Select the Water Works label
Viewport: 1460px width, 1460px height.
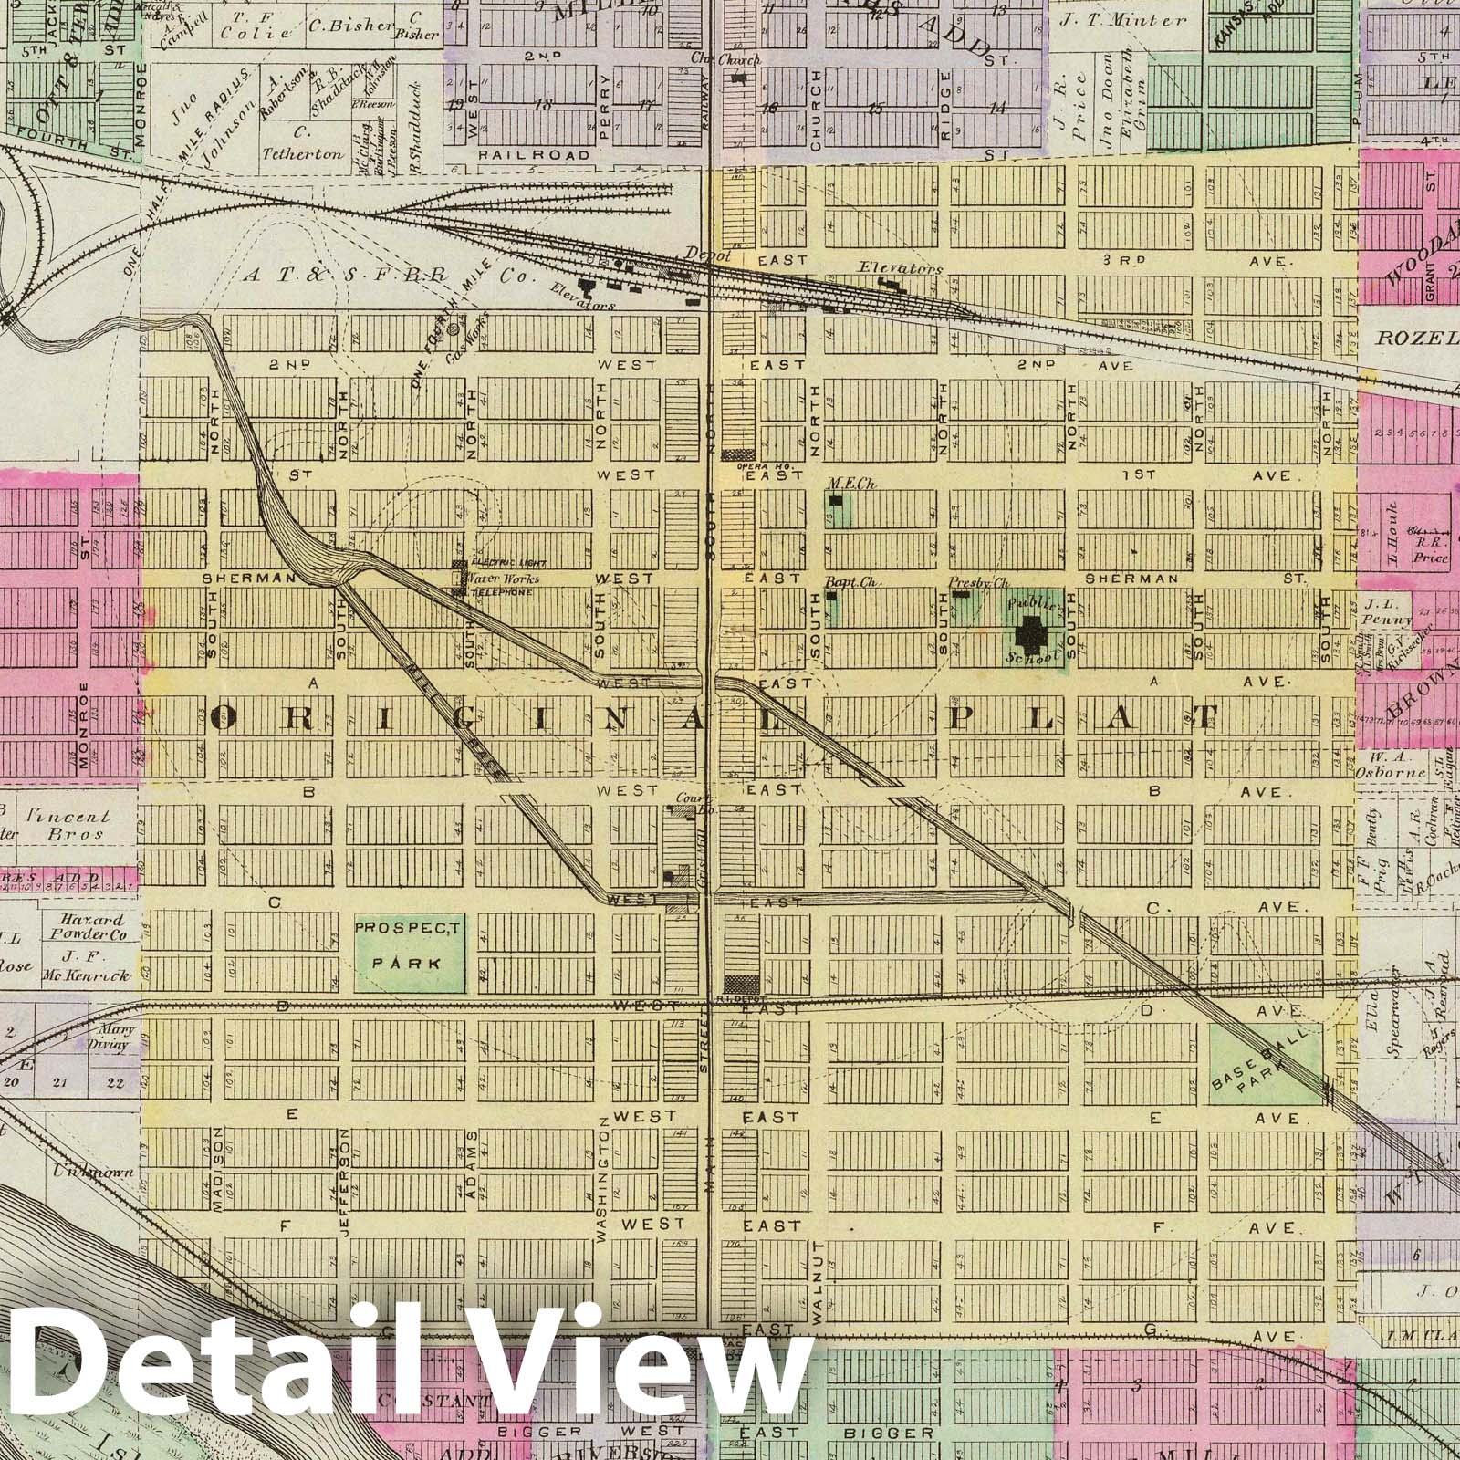tap(502, 579)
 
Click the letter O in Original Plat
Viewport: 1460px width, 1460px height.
tap(222, 718)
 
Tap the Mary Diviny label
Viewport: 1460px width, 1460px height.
tap(114, 1038)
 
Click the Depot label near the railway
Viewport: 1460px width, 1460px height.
tap(710, 256)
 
